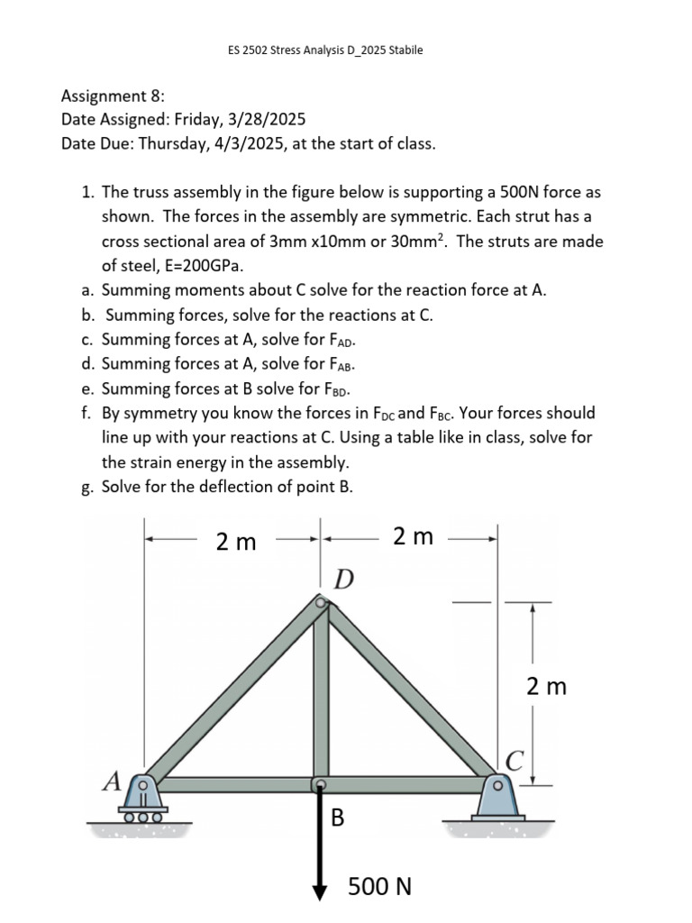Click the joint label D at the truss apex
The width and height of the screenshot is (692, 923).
[344, 577]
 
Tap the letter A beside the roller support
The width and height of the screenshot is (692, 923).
[112, 781]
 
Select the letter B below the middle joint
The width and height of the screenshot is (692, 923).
[338, 818]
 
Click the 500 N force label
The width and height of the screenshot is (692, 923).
[379, 887]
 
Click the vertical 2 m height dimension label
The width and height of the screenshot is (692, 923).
[547, 687]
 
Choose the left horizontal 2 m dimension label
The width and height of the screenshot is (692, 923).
[236, 542]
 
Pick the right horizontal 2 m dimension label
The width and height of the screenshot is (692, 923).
[413, 537]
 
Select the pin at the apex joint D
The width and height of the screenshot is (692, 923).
[320, 602]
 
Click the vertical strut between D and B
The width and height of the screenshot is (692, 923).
[320, 694]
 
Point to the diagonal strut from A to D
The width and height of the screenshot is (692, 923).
[232, 692]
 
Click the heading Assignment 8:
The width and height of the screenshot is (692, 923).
[113, 96]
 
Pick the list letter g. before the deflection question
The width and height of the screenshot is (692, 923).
[86, 487]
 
